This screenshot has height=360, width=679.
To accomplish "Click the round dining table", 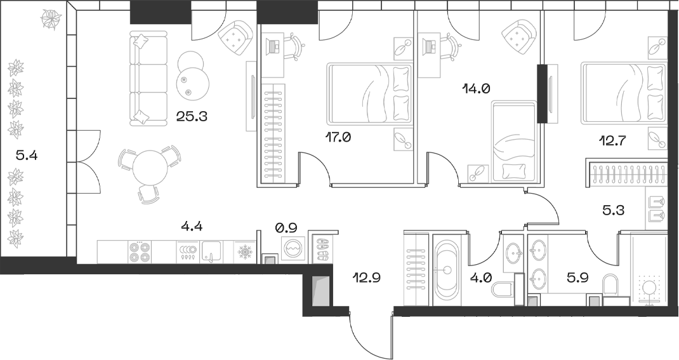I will click(149, 167).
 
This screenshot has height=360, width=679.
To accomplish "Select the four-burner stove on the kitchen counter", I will click(139, 252).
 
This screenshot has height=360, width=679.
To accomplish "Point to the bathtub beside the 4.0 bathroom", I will click(448, 269).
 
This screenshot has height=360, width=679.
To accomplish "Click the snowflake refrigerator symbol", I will click(244, 252).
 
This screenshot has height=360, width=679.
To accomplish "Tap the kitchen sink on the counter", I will click(211, 252).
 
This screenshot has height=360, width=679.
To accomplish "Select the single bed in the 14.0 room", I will click(513, 143).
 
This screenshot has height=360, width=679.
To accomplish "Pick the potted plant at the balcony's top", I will click(49, 20).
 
